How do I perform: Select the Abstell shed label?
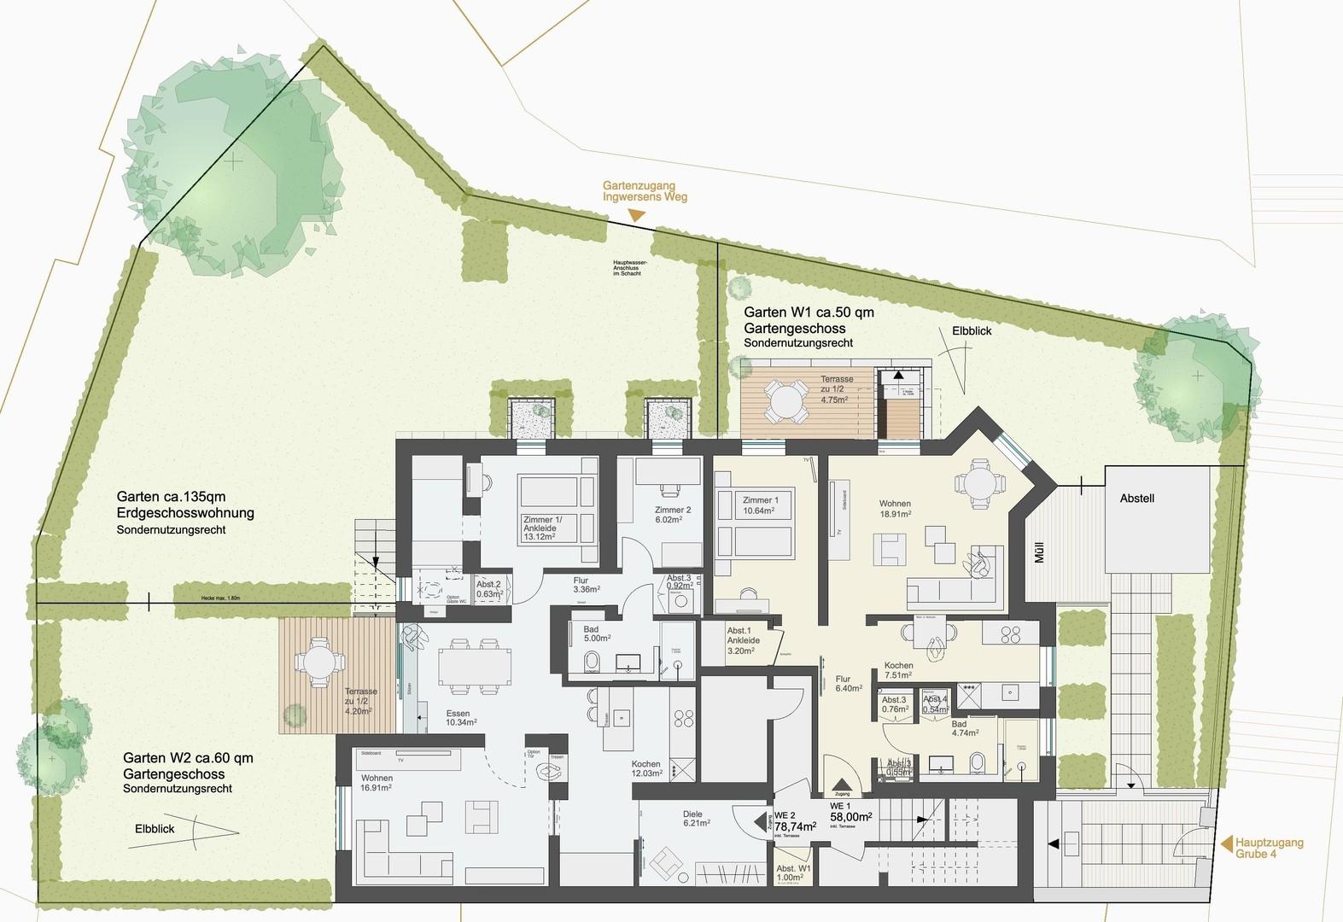tap(1136, 498)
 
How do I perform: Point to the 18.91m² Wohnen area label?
tap(895, 509)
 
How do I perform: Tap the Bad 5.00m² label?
tap(597, 632)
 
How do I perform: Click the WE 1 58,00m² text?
tap(850, 812)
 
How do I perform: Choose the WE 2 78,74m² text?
tap(794, 821)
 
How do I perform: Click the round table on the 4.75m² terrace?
tap(784, 399)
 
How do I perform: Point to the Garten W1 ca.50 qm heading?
tap(809, 312)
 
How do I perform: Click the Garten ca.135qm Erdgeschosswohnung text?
tap(185, 505)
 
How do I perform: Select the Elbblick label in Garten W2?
tap(155, 828)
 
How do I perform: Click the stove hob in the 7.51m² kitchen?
tap(1011, 633)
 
